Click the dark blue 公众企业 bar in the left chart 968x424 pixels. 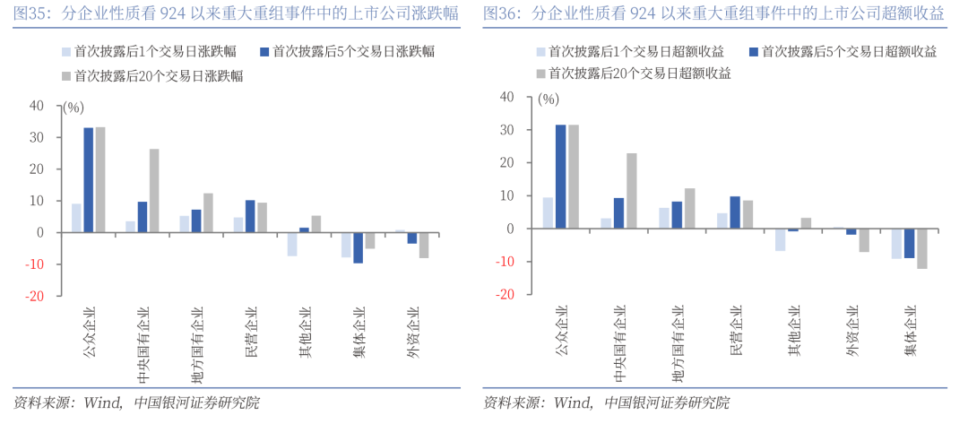click(89, 180)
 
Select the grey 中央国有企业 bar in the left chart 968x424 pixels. click(154, 190)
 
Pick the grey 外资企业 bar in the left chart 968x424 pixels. click(424, 245)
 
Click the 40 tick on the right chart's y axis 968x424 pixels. click(507, 97)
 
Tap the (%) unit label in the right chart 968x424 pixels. click(548, 100)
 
